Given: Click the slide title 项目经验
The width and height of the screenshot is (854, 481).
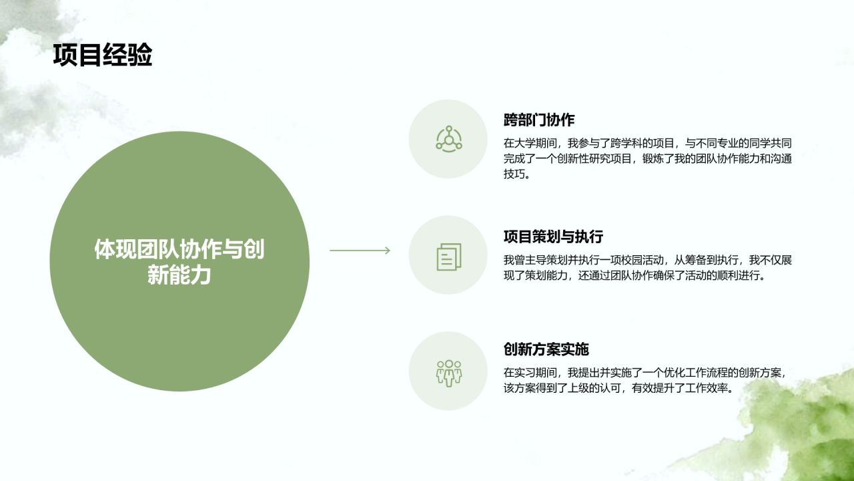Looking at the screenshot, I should point(102,55).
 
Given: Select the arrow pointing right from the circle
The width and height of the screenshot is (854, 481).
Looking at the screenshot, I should point(360,251).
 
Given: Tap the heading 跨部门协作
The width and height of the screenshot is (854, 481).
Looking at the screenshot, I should point(539,120).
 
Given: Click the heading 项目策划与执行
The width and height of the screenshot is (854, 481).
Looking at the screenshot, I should point(553,236).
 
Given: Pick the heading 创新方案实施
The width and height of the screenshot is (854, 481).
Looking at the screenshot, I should point(546,349).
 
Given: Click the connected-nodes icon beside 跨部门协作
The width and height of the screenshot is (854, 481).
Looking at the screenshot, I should point(448,138).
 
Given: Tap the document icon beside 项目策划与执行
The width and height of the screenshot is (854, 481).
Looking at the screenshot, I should point(448,256).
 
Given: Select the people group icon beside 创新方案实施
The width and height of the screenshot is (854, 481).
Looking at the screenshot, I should point(448,372).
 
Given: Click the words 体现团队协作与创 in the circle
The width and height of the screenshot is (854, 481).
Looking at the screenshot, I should point(179,249).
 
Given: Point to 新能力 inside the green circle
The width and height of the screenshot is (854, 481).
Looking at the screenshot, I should point(179,275).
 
